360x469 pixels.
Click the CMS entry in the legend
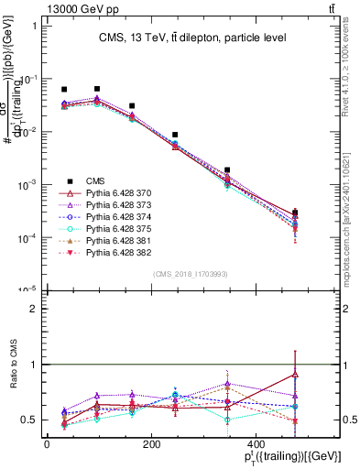(x=96, y=180)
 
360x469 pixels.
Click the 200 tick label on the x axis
(x=151, y=444)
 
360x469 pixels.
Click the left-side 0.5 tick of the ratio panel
(x=29, y=420)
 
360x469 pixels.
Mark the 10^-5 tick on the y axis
(x=27, y=290)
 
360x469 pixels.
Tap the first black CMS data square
(x=64, y=90)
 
